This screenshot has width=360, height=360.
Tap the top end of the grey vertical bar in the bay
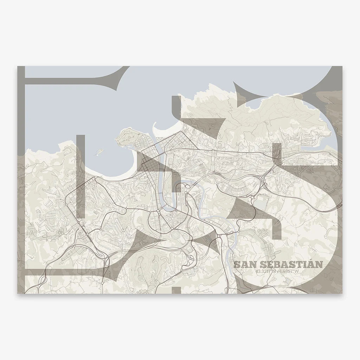(x=81, y=136)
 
